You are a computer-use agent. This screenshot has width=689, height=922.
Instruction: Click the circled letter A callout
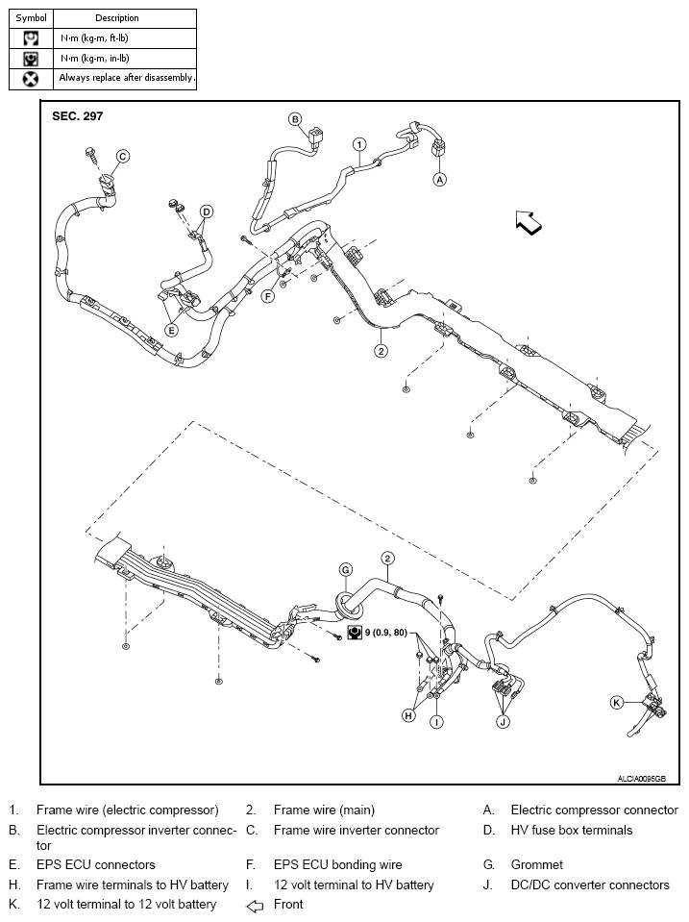tap(440, 179)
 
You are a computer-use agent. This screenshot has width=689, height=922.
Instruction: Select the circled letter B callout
tap(296, 119)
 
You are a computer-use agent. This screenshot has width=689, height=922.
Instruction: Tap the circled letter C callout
tap(123, 156)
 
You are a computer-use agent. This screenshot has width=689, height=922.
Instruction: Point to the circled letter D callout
tap(206, 212)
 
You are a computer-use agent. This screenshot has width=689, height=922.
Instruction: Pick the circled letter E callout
tap(172, 330)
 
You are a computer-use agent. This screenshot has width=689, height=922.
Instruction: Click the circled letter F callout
tap(268, 296)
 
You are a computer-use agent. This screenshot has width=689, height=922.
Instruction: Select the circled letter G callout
tap(346, 569)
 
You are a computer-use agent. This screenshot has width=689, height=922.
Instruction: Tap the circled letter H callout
tap(409, 715)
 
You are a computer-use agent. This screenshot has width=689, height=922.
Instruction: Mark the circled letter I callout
tap(436, 721)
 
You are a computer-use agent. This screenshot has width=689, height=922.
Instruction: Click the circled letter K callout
tap(617, 703)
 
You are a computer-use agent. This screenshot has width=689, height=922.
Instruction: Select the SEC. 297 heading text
tap(77, 115)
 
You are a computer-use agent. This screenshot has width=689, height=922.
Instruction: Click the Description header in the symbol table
tap(117, 18)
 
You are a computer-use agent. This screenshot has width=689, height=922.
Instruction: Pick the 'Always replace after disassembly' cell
tap(127, 78)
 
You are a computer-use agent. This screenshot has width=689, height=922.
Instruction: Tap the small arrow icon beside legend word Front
tap(255, 905)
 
